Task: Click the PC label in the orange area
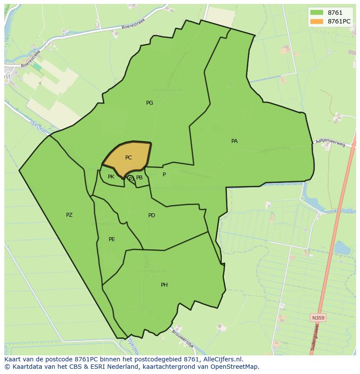(x=128, y=158)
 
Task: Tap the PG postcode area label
(x=150, y=103)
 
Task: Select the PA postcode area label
(x=234, y=141)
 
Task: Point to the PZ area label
(x=69, y=215)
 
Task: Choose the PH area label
(x=164, y=285)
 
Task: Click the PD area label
(x=151, y=215)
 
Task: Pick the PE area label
(x=112, y=239)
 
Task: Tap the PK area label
(x=111, y=177)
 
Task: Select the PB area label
(x=139, y=178)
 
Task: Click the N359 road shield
(x=318, y=318)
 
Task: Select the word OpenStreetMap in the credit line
(x=237, y=367)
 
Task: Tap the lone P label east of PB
(x=164, y=175)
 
